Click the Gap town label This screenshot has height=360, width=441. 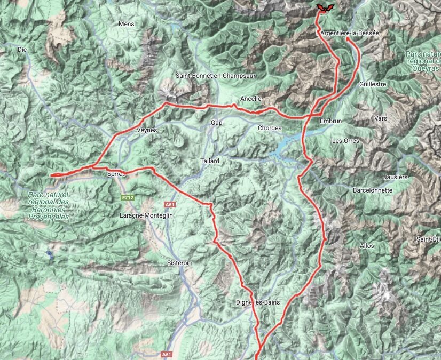(x=216, y=123)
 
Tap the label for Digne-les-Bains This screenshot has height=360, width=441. (x=257, y=302)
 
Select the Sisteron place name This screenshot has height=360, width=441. (x=178, y=263)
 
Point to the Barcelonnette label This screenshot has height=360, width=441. (x=373, y=190)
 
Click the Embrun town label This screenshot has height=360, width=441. (x=330, y=121)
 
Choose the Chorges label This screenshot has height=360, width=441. (x=270, y=128)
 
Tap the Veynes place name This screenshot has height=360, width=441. (x=147, y=130)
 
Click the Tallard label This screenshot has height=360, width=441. (x=210, y=161)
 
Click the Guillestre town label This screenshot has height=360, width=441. (x=373, y=84)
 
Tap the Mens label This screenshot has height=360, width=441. (x=127, y=24)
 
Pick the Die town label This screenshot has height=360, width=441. (x=22, y=49)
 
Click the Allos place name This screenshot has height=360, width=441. (x=367, y=246)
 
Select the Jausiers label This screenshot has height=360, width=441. (x=395, y=177)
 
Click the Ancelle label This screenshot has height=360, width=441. (x=251, y=99)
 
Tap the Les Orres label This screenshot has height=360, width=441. (x=345, y=141)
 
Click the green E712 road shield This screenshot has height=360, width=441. (x=127, y=198)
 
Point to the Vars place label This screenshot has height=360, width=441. (x=381, y=118)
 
